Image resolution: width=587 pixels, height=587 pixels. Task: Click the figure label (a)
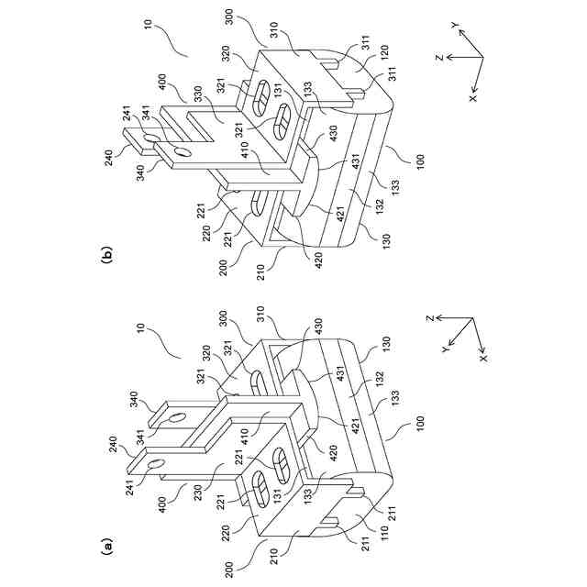106,548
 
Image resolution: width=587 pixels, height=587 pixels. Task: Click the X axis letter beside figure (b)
473,95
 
